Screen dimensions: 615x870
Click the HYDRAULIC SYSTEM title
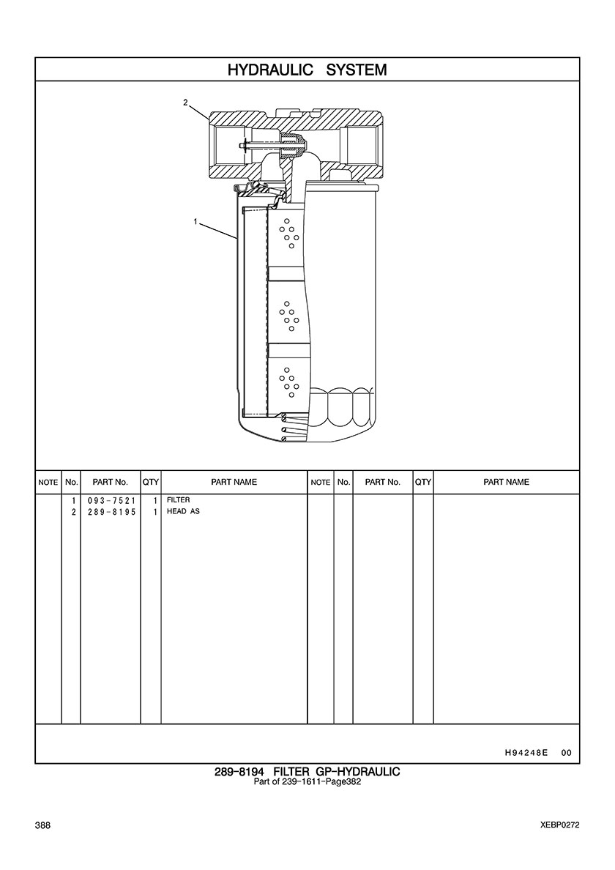pos(307,70)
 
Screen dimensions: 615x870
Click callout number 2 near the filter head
pos(186,102)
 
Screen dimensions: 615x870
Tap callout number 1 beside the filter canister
pos(195,221)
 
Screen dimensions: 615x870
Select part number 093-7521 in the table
pos(111,500)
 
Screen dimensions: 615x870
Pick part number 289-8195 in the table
pos(111,512)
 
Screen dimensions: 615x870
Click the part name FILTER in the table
pos(179,500)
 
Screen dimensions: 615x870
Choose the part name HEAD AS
pos(183,511)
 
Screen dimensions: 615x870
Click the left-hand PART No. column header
pos(111,482)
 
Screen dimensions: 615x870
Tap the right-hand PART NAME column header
pos(507,482)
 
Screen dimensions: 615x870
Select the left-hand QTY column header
pos(151,482)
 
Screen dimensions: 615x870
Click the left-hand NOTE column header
pos(48,483)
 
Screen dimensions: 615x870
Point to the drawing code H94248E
pos(526,753)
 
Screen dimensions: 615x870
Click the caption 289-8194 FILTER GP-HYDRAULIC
pos(307,772)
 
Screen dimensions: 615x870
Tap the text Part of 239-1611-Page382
pos(307,782)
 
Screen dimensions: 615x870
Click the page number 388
pos(42,825)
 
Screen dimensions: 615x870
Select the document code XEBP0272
pos(560,825)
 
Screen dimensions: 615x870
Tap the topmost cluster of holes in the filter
pos(288,233)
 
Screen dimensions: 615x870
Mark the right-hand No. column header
pos(344,482)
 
